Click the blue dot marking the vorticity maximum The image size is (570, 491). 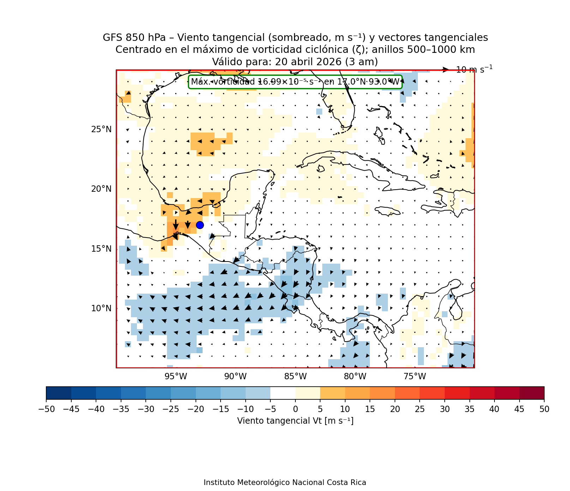coord(200,225)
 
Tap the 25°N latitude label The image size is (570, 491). coord(101,129)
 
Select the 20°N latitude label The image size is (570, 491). coord(101,189)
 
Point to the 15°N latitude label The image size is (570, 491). coord(101,249)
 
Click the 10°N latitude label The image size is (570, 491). coord(101,308)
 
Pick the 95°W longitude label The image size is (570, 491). coord(176,376)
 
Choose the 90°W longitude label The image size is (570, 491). coord(235,376)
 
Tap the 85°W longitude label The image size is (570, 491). coord(295,376)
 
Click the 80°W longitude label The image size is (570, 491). coord(355,376)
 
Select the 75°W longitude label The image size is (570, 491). coord(415,376)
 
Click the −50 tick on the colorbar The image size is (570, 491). coord(46,409)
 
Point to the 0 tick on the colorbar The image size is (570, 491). coord(295,409)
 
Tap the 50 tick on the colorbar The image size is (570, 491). coord(544,409)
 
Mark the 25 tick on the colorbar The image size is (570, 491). coord(420,409)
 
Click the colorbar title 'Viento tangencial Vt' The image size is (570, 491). coord(295,421)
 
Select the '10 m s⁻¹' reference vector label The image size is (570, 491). coord(474,69)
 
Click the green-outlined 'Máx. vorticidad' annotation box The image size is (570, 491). coord(295,82)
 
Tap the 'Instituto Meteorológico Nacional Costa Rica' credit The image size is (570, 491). coord(285,483)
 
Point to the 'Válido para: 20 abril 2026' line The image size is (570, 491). coord(295,62)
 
